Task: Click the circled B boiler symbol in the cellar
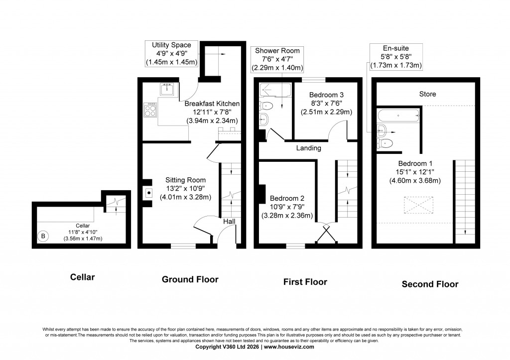43,236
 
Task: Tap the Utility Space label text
171,45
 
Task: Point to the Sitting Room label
185,180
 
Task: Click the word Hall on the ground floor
229,221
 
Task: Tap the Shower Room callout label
277,51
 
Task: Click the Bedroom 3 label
326,95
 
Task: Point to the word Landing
308,148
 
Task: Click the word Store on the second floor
427,94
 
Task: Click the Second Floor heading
430,284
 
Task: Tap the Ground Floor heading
190,279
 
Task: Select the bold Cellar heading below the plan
82,276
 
